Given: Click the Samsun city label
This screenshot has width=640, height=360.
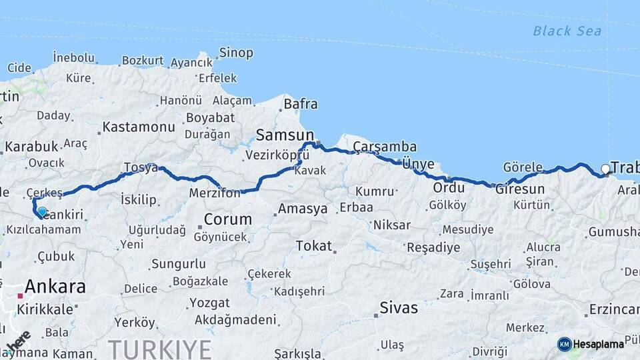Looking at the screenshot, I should pyautogui.click(x=279, y=135).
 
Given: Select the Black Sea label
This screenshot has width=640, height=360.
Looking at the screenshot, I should pyautogui.click(x=567, y=31).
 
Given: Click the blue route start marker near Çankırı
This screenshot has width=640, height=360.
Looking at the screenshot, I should pyautogui.click(x=42, y=212).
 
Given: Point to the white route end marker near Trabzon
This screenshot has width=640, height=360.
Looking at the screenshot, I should pyautogui.click(x=605, y=169).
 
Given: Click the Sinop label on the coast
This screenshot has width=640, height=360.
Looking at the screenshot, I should pyautogui.click(x=236, y=53).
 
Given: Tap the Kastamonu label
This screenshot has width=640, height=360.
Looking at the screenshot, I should pyautogui.click(x=139, y=127).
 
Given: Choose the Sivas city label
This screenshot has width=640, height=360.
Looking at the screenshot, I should pyautogui.click(x=399, y=308).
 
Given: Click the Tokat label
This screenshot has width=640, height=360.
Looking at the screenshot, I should pyautogui.click(x=313, y=246).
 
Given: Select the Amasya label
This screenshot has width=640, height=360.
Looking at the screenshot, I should pyautogui.click(x=303, y=209).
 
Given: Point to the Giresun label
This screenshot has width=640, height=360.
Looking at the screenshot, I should pyautogui.click(x=520, y=189).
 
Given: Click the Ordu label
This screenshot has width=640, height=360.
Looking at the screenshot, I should pyautogui.click(x=449, y=188).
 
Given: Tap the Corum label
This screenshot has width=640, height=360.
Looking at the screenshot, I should pyautogui.click(x=228, y=219).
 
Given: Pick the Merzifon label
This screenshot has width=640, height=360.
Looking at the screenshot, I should pyautogui.click(x=214, y=193).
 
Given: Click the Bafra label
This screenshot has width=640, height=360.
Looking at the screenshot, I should pyautogui.click(x=301, y=105).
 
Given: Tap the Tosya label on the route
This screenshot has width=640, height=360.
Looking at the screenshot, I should pyautogui.click(x=140, y=168).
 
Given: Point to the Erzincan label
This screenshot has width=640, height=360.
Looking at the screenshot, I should pyautogui.click(x=613, y=310).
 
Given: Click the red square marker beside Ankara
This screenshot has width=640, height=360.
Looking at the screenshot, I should pyautogui.click(x=21, y=295).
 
